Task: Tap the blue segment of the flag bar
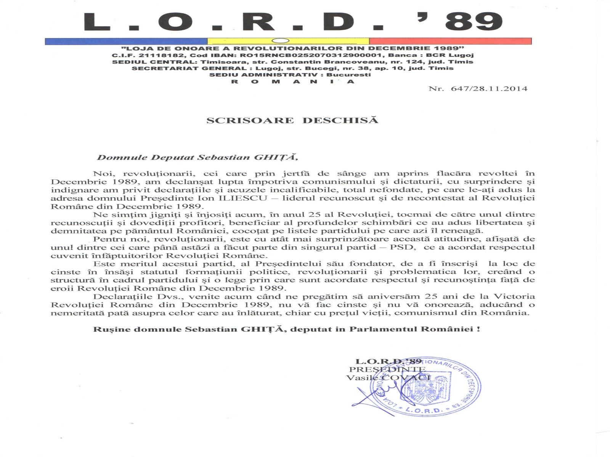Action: [x=126, y=41]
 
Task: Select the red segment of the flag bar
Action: [x=450, y=41]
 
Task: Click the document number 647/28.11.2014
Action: [x=489, y=89]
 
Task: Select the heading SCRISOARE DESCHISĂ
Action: [x=292, y=121]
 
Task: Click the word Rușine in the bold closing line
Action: [x=106, y=329]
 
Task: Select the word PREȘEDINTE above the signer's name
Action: [x=387, y=369]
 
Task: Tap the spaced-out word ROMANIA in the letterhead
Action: [x=293, y=81]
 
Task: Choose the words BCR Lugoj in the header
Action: [x=450, y=55]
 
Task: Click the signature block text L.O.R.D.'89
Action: [x=388, y=361]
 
